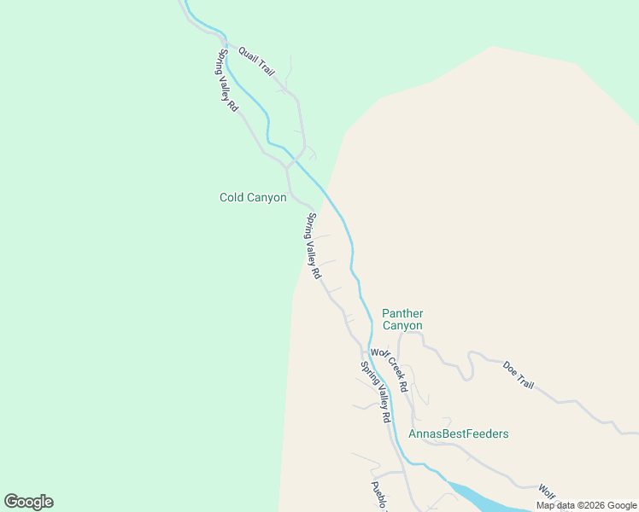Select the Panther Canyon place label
[x=402, y=319]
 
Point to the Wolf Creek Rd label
[x=389, y=369]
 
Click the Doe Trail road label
[x=519, y=375]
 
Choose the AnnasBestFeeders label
[x=458, y=433]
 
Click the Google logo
[x=28, y=502]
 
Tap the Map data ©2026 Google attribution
[x=587, y=505]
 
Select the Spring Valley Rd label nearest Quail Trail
[x=227, y=81]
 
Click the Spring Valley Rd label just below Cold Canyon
[x=314, y=246]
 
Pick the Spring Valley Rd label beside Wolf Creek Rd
[x=375, y=393]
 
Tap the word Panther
[x=402, y=313]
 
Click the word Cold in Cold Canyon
[x=233, y=197]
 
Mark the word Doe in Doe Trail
[x=510, y=368]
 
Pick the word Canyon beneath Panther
[x=402, y=326]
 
